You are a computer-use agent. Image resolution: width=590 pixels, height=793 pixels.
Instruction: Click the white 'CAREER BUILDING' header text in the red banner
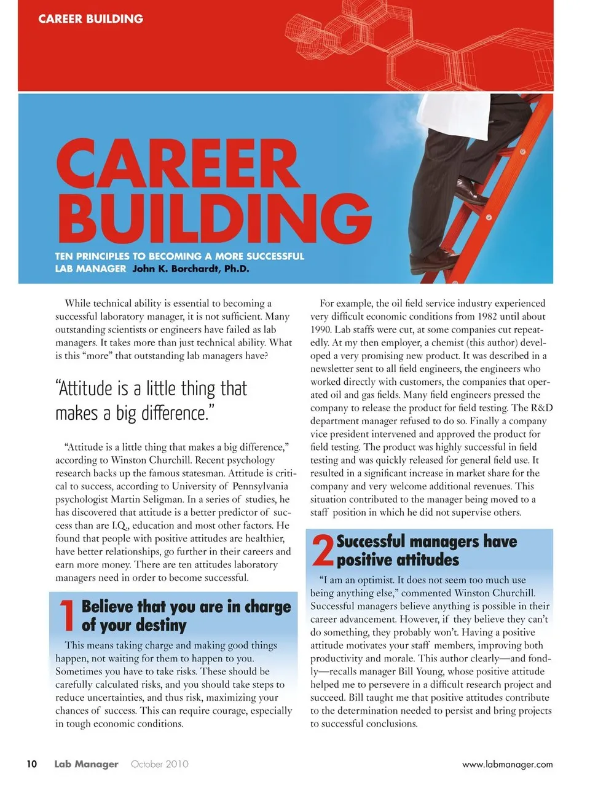90,19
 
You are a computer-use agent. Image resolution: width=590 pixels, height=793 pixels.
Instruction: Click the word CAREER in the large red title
178,164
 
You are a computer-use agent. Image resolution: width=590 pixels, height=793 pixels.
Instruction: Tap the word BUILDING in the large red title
215,218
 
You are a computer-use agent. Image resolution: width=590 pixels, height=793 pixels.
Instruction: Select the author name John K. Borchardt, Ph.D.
191,269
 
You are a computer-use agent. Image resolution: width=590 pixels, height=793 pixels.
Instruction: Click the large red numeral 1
66,615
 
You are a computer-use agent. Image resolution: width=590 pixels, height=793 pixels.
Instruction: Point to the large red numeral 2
322,550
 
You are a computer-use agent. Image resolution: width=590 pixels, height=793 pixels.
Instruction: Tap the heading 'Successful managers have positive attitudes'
426,550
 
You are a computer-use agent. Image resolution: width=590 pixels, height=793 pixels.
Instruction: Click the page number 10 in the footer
31,764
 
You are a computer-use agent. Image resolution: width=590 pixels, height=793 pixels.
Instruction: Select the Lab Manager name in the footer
86,764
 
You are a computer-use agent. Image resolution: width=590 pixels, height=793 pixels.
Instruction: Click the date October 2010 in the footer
159,764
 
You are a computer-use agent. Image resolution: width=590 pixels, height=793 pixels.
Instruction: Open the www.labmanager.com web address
507,765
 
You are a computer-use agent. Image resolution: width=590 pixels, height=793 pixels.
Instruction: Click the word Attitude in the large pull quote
85,389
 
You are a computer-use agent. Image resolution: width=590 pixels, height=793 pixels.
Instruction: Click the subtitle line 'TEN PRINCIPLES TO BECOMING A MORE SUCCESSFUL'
179,256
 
